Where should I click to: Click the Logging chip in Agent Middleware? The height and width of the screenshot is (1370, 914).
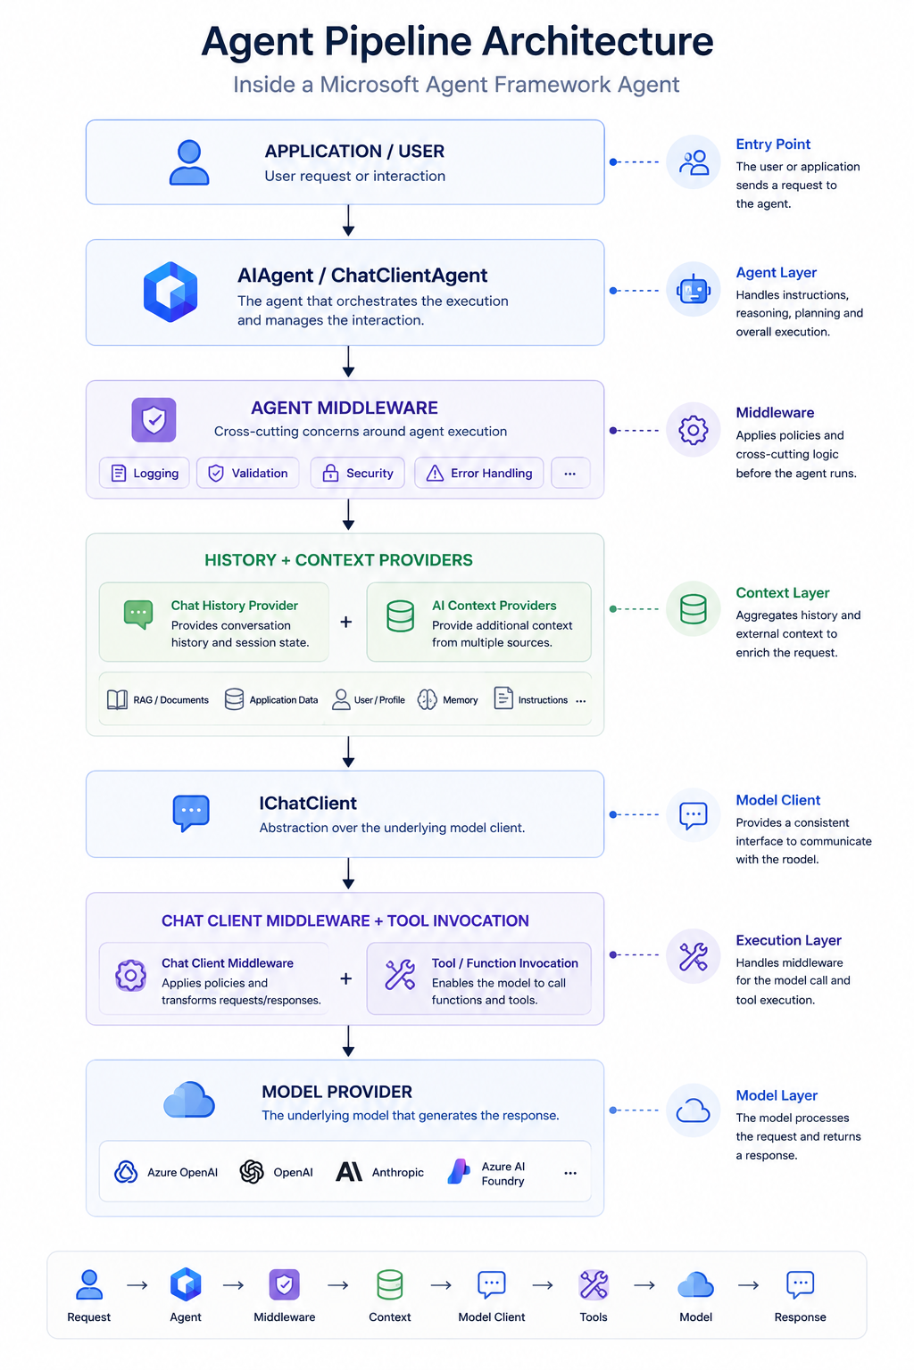tap(145, 473)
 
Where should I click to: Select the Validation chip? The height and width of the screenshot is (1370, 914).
tap(248, 473)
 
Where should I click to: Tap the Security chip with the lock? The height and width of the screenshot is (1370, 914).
tap(358, 473)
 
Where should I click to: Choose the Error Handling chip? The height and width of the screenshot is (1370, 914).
tap(478, 473)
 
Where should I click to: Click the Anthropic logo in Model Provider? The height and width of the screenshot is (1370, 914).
tap(349, 1172)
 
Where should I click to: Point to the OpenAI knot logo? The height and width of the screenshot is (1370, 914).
tap(252, 1172)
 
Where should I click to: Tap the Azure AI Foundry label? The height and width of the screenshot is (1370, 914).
tap(503, 1173)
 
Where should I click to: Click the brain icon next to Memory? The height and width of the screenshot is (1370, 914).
tap(428, 699)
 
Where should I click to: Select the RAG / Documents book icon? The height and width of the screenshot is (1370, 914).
tap(118, 699)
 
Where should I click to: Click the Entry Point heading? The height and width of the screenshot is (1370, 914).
tap(773, 144)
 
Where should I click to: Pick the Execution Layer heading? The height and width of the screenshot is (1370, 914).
tap(788, 940)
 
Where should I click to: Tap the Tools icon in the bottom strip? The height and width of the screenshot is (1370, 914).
tap(594, 1283)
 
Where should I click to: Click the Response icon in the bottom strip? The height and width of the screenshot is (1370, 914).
tap(800, 1284)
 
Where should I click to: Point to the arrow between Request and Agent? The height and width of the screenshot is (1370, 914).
tap(137, 1285)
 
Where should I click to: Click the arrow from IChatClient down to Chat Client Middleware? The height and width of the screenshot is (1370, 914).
tap(348, 873)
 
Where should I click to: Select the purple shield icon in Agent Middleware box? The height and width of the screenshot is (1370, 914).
tap(154, 419)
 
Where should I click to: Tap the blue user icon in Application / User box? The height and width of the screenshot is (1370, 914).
tap(189, 162)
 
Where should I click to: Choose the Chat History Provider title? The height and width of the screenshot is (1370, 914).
tap(235, 605)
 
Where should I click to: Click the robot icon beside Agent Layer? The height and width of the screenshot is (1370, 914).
tap(693, 290)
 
